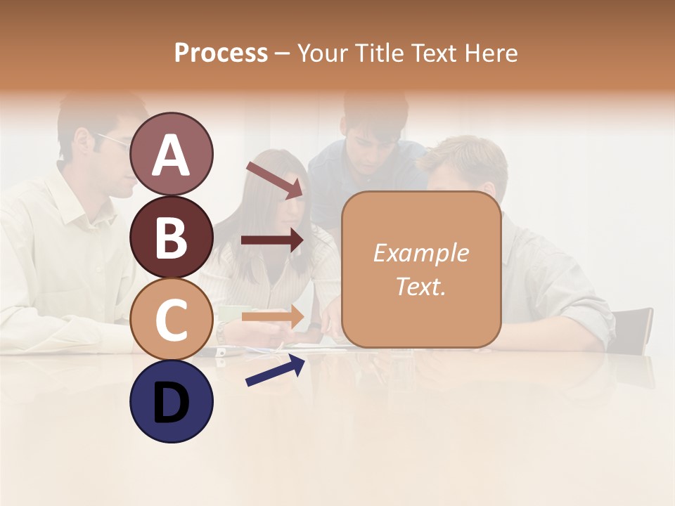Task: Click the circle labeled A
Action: pos(172,155)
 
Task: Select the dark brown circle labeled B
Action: pos(172,237)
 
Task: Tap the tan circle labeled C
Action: pos(172,319)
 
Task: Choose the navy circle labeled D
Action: pos(172,401)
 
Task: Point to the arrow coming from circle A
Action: pos(274,180)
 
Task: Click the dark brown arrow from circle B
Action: pos(272,240)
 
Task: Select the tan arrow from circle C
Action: pos(272,316)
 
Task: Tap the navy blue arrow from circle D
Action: pos(275,370)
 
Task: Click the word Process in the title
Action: pos(221,53)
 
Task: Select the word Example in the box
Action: pos(420,253)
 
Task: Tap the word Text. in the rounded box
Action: pos(420,286)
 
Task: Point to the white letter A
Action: pos(172,155)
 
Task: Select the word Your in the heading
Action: pos(321,53)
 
